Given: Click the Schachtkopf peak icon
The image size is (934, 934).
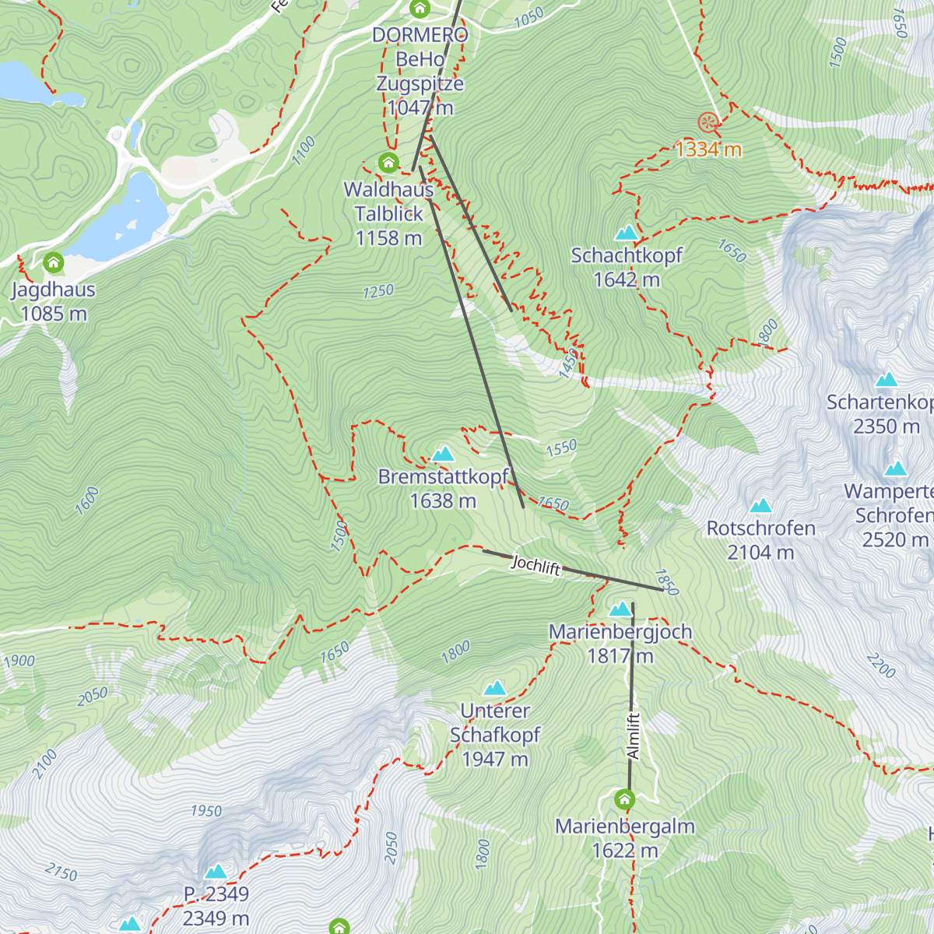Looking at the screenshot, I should (627, 233).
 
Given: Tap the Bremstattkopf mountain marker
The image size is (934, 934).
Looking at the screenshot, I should (443, 454).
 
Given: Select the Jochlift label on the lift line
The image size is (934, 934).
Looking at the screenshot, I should (535, 565).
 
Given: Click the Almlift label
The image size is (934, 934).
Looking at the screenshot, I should (634, 736).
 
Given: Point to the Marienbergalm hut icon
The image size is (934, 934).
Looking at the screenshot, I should (624, 799).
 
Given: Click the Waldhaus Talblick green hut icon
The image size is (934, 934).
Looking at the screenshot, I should (388, 163).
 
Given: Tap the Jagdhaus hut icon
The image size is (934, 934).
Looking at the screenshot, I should (54, 262).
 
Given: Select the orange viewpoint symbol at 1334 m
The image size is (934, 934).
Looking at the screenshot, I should (708, 122).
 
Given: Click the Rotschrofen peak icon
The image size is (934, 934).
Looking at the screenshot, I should (760, 505).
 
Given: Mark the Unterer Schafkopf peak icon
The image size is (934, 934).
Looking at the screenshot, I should (495, 688).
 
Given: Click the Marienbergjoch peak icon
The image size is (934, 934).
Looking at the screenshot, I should (620, 609).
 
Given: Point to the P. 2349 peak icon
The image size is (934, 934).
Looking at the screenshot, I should (216, 871).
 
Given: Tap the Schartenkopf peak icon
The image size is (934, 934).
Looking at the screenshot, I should (887, 380).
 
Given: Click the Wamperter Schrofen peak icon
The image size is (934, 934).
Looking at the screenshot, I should (896, 469).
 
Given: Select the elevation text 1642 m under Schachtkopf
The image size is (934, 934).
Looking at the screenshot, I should (627, 279).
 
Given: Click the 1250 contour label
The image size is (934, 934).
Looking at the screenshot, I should (378, 291).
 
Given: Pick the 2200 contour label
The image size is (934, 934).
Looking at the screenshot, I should (881, 665).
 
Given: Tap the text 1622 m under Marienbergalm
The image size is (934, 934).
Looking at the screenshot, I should (625, 851).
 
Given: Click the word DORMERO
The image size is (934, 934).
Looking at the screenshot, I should (420, 35).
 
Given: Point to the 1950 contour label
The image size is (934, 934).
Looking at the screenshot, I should (206, 811).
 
